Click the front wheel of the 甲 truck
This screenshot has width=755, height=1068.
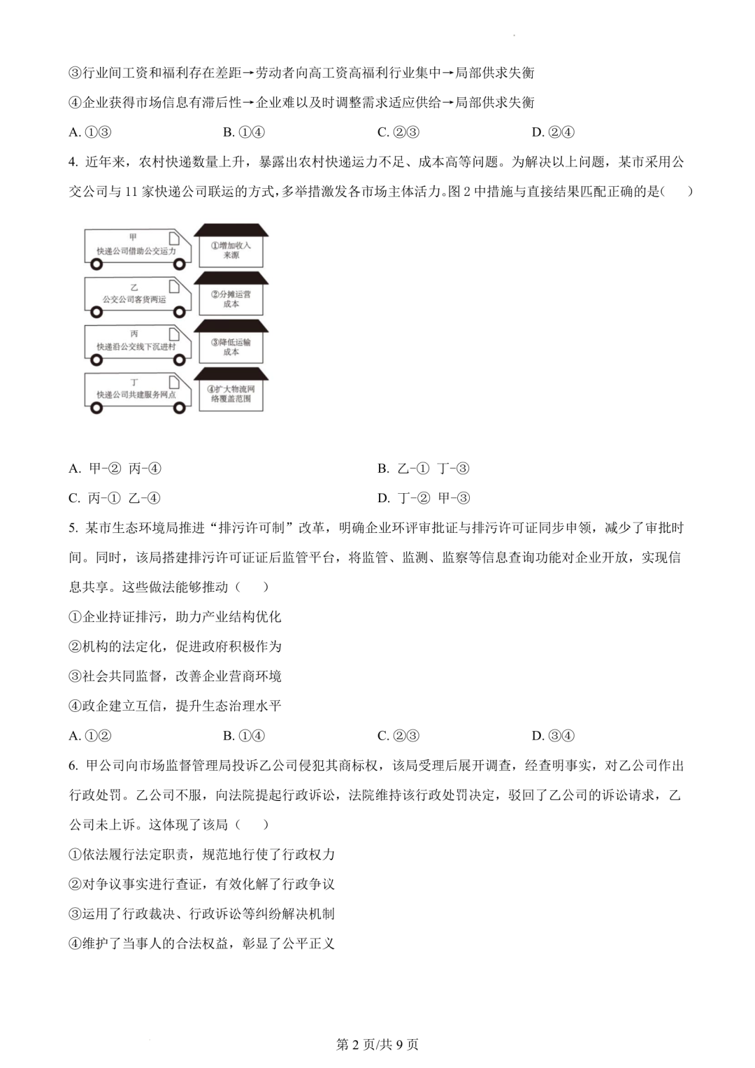pyautogui.click(x=181, y=264)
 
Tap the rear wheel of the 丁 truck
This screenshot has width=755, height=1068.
pyautogui.click(x=96, y=408)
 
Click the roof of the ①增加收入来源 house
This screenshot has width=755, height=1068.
pyautogui.click(x=231, y=232)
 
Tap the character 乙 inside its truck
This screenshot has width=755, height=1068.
pyautogui.click(x=134, y=287)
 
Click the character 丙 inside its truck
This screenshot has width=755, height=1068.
pyautogui.click(x=134, y=335)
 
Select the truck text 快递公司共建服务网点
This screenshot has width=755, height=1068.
pyautogui.click(x=136, y=394)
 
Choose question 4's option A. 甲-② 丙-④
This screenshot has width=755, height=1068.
pyautogui.click(x=115, y=469)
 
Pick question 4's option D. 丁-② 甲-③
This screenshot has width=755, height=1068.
pyautogui.click(x=424, y=498)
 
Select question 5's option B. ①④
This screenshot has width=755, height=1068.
pyautogui.click(x=244, y=735)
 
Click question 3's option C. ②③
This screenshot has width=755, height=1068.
pyautogui.click(x=398, y=132)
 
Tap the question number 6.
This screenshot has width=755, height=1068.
pyautogui.click(x=73, y=765)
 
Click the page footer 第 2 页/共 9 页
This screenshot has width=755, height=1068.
pyautogui.click(x=377, y=1044)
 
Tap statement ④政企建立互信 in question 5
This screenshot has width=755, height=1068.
pyautogui.click(x=122, y=706)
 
